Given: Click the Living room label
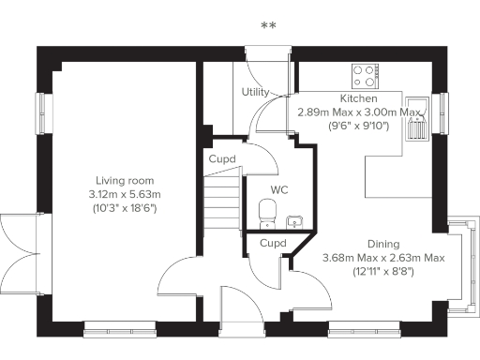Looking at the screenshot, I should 125,181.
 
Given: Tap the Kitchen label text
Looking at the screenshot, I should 358,98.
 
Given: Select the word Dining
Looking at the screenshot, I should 383,243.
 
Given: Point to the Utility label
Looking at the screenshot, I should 255,92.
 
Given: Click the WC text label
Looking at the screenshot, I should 278,189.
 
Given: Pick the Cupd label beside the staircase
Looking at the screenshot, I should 222,158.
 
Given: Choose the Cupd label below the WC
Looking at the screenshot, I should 272,244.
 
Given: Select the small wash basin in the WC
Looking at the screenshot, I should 295,220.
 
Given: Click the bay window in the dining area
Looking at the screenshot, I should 462,265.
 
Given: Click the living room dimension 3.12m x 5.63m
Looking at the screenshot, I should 125,194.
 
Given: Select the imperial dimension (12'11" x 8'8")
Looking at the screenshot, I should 383,271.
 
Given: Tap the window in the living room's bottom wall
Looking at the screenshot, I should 111,329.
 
